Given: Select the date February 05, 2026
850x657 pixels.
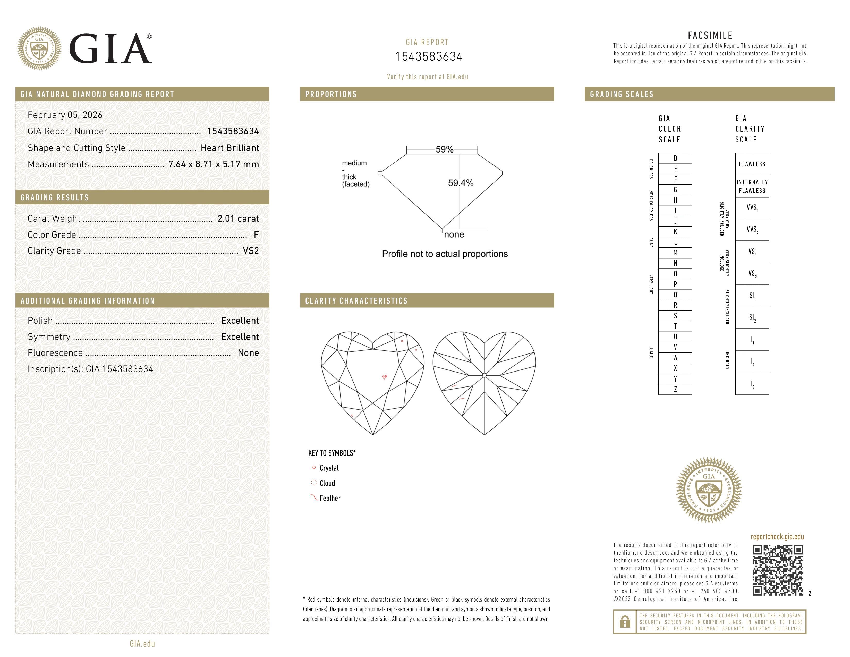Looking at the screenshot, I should tap(65, 115).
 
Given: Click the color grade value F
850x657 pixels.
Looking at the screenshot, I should tap(256, 235).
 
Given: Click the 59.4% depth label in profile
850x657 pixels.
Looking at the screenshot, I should tap(461, 183).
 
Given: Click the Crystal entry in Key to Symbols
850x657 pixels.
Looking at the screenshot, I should tap(329, 468).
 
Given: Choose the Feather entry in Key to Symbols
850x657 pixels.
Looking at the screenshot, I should tap(330, 498).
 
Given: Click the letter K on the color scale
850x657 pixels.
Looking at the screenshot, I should tap(675, 232).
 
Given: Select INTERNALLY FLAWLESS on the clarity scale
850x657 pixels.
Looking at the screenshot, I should tap(752, 187).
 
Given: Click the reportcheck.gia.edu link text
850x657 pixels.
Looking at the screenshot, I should tap(777, 537).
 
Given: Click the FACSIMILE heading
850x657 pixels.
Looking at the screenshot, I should tap(710, 35).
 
